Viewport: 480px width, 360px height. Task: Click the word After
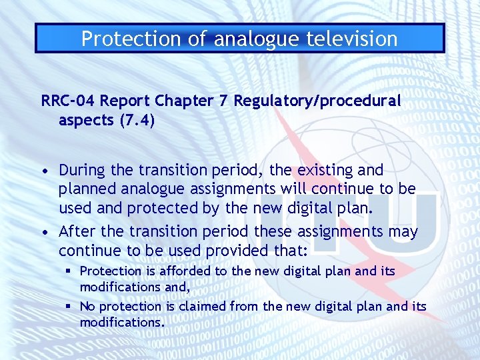tap(76, 231)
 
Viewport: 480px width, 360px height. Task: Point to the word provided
tap(233, 251)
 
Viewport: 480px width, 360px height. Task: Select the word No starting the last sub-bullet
tap(87, 307)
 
